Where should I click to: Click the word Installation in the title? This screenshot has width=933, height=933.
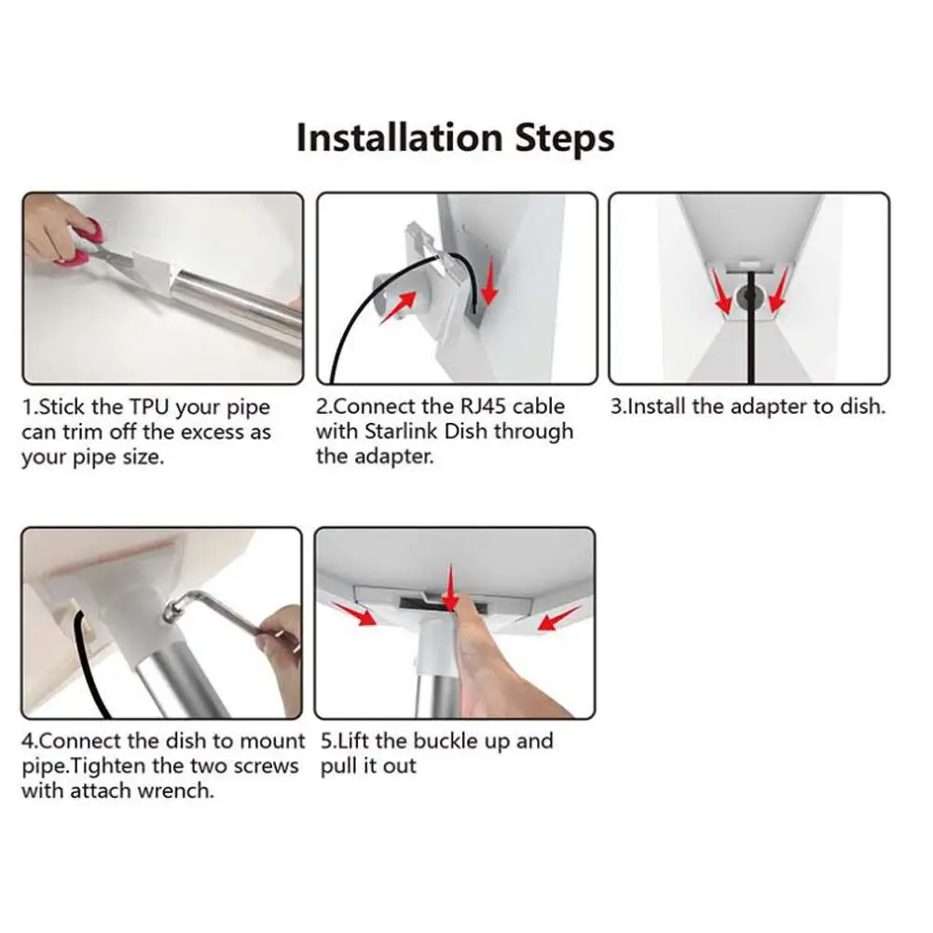(x=400, y=137)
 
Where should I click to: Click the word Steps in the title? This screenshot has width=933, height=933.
(x=564, y=139)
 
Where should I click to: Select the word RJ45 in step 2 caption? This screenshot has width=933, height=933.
(x=483, y=406)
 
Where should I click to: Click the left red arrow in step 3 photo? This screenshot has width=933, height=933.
(x=721, y=291)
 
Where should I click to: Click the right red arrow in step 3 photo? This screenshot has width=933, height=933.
(x=778, y=290)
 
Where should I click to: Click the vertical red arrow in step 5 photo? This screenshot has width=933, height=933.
(x=450, y=588)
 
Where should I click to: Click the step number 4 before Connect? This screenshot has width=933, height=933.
(x=27, y=742)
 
